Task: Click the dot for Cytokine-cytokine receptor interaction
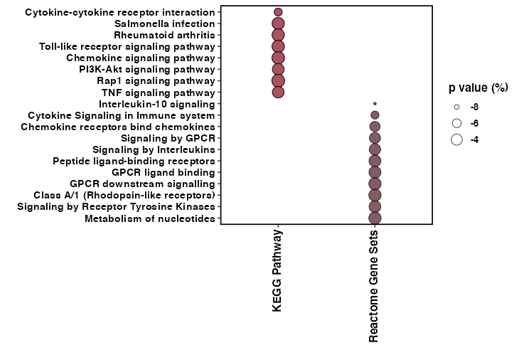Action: click(x=278, y=12)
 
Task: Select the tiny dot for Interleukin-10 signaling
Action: click(x=375, y=104)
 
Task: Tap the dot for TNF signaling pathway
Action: click(x=278, y=92)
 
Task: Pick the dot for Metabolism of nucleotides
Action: click(x=375, y=218)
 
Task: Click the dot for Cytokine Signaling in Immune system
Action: click(x=375, y=115)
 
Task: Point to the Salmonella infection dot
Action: click(x=278, y=23)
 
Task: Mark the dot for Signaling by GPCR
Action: click(x=375, y=138)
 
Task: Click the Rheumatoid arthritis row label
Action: click(x=164, y=35)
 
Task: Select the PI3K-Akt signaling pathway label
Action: click(x=146, y=69)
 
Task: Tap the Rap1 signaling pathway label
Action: click(x=156, y=80)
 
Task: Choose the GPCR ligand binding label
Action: click(x=163, y=172)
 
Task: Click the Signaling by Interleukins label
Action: click(x=153, y=149)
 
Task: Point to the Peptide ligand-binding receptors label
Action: click(x=133, y=161)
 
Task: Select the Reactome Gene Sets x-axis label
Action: click(x=374, y=287)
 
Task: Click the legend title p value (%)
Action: click(x=478, y=88)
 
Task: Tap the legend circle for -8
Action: click(x=456, y=107)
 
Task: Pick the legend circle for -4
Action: click(x=456, y=139)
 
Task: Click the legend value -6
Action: click(x=474, y=123)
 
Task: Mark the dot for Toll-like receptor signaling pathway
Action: click(x=278, y=46)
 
